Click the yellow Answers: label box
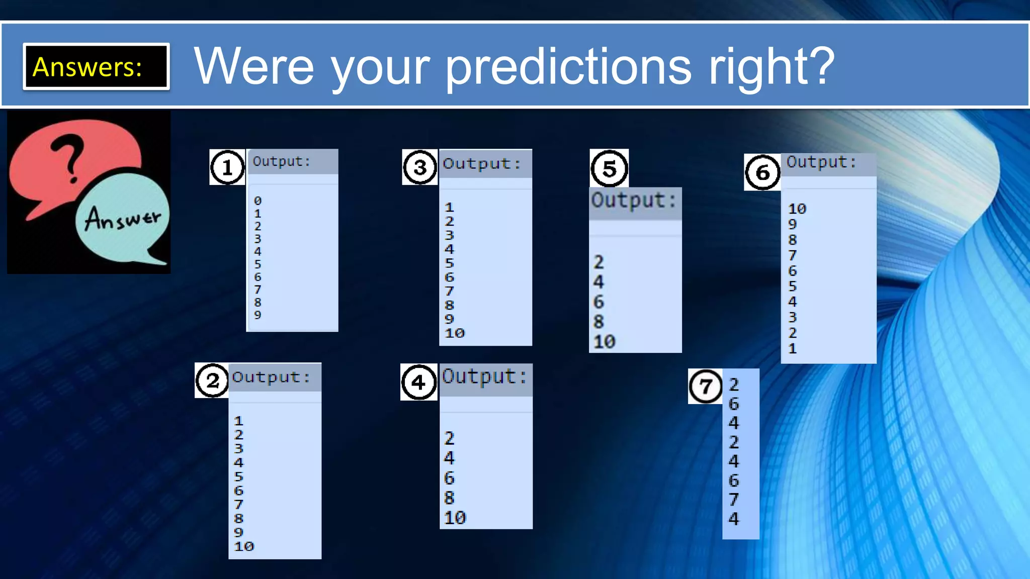(96, 66)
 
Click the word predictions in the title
(569, 67)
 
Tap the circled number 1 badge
(227, 167)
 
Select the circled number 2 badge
(212, 381)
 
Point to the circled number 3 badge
(420, 167)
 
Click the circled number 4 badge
(418, 382)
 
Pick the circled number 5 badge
(609, 168)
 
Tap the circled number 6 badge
(762, 172)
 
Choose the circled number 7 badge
(705, 386)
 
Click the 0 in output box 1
(257, 201)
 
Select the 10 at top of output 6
(797, 209)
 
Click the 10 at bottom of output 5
(604, 342)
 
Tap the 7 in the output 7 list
(734, 500)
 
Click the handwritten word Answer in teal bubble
(123, 219)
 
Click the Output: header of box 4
(485, 377)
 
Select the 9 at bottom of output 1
(257, 315)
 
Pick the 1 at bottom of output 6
(793, 348)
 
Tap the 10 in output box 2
(244, 546)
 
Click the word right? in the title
(772, 67)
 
